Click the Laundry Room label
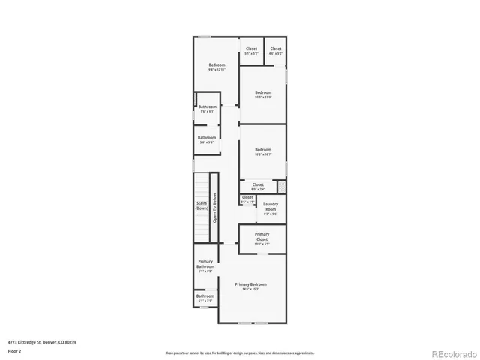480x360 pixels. pyautogui.click(x=271, y=205)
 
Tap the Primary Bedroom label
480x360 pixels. pyautogui.click(x=250, y=285)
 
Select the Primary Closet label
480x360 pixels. pyautogui.click(x=262, y=236)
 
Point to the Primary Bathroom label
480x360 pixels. pyautogui.click(x=205, y=263)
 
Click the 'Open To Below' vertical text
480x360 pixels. pyautogui.click(x=214, y=208)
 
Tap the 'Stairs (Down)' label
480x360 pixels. pyautogui.click(x=202, y=205)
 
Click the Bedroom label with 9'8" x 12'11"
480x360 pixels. pyautogui.click(x=217, y=65)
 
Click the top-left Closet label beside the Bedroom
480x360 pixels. pyautogui.click(x=251, y=49)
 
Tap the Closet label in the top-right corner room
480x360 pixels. pyautogui.click(x=276, y=49)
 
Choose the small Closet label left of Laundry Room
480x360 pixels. pyautogui.click(x=247, y=197)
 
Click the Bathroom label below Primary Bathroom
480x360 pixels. pyautogui.click(x=205, y=295)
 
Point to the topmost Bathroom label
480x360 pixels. pyautogui.click(x=208, y=106)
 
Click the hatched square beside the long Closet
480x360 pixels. pyautogui.click(x=282, y=185)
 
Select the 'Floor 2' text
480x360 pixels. pyautogui.click(x=14, y=350)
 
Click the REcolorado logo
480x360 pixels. pyautogui.click(x=451, y=352)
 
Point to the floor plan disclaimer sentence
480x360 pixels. pyautogui.click(x=239, y=352)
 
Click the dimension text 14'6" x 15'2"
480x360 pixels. pyautogui.click(x=250, y=289)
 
